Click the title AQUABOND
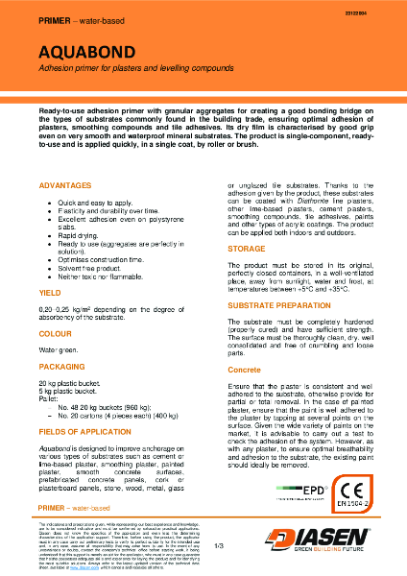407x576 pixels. tap(85, 50)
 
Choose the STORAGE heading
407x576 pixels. tap(246, 248)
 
